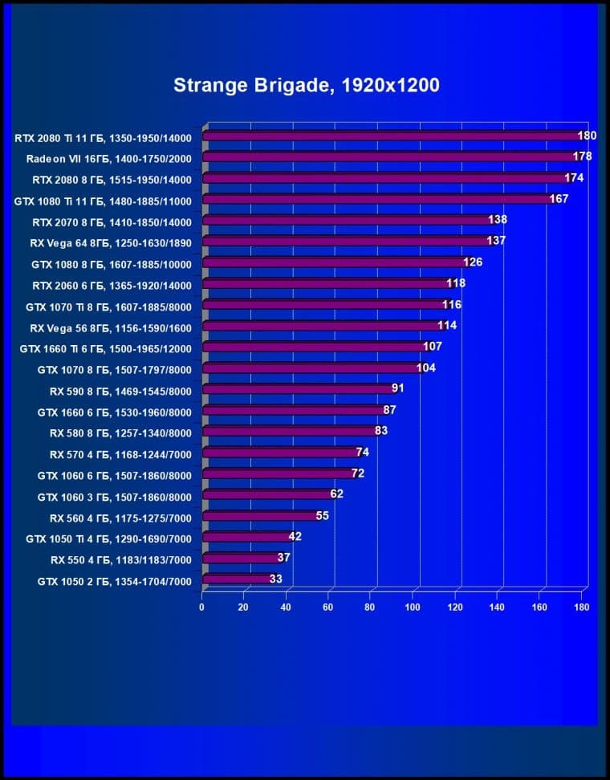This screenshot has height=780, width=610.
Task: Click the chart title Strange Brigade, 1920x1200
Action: [x=306, y=86]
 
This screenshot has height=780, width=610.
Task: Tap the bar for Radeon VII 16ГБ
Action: [x=389, y=157]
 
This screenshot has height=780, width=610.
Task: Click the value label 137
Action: [x=495, y=241]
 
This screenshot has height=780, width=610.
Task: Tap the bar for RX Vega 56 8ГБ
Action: [x=322, y=327]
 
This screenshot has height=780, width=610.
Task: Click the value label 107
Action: [x=433, y=347]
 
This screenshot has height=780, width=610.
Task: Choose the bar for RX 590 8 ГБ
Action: [x=298, y=389]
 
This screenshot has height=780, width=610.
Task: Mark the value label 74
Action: [x=362, y=452]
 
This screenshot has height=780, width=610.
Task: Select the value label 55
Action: [x=322, y=515]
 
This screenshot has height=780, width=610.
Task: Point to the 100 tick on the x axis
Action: [x=413, y=607]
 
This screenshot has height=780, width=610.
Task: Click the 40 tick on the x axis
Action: [x=286, y=607]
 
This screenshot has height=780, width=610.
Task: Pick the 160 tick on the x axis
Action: [x=539, y=607]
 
